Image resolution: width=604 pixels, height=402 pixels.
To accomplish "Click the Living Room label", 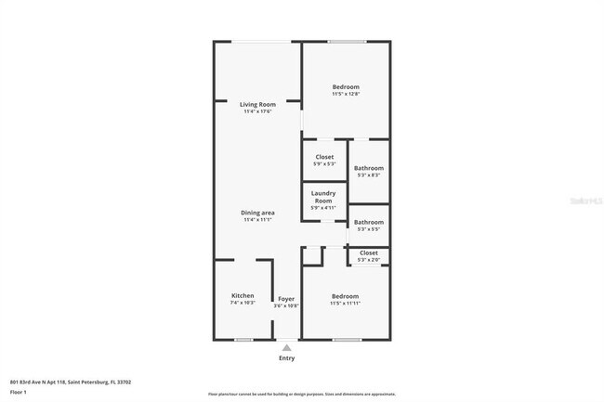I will click(x=257, y=105).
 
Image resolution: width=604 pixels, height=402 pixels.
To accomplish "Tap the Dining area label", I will click(x=257, y=213).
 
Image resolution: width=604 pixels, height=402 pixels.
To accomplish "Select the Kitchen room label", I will click(x=243, y=296).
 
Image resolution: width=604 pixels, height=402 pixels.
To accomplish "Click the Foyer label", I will click(x=286, y=299).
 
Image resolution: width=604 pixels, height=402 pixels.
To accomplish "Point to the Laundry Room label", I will click(x=322, y=197).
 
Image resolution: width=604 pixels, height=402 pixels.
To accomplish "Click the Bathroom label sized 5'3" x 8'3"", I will click(x=368, y=168).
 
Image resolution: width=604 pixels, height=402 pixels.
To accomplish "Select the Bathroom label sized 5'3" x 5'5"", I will click(x=368, y=222).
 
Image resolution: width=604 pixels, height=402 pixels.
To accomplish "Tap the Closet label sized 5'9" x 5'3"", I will click(x=324, y=157).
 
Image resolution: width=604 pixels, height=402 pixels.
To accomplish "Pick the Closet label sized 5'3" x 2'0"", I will click(x=368, y=253).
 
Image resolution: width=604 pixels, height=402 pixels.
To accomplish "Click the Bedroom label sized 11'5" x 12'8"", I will click(x=346, y=86).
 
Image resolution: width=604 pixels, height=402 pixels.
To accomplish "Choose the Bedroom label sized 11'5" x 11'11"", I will click(x=345, y=296).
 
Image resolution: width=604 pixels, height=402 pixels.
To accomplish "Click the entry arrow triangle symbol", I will click(x=286, y=346).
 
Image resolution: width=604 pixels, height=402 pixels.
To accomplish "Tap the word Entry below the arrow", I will click(x=286, y=358).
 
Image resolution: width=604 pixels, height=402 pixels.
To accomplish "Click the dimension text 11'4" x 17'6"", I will click(x=257, y=112).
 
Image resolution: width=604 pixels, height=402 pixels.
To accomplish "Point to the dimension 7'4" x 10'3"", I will click(x=243, y=303).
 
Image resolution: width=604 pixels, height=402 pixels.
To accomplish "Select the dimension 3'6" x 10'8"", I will click(x=286, y=305).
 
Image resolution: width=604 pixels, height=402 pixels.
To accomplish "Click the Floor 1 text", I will click(x=19, y=393).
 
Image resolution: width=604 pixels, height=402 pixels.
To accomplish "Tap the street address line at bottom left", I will click(x=71, y=382).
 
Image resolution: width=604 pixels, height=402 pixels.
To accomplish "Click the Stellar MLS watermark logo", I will click(x=580, y=200).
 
